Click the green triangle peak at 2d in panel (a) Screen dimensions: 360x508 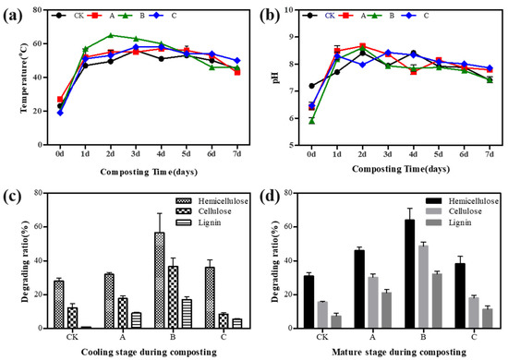point(111,36)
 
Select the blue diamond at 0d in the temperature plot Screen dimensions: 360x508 point(60,113)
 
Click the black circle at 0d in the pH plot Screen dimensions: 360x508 point(312,86)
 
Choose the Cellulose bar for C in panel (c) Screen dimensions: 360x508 point(197,320)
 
